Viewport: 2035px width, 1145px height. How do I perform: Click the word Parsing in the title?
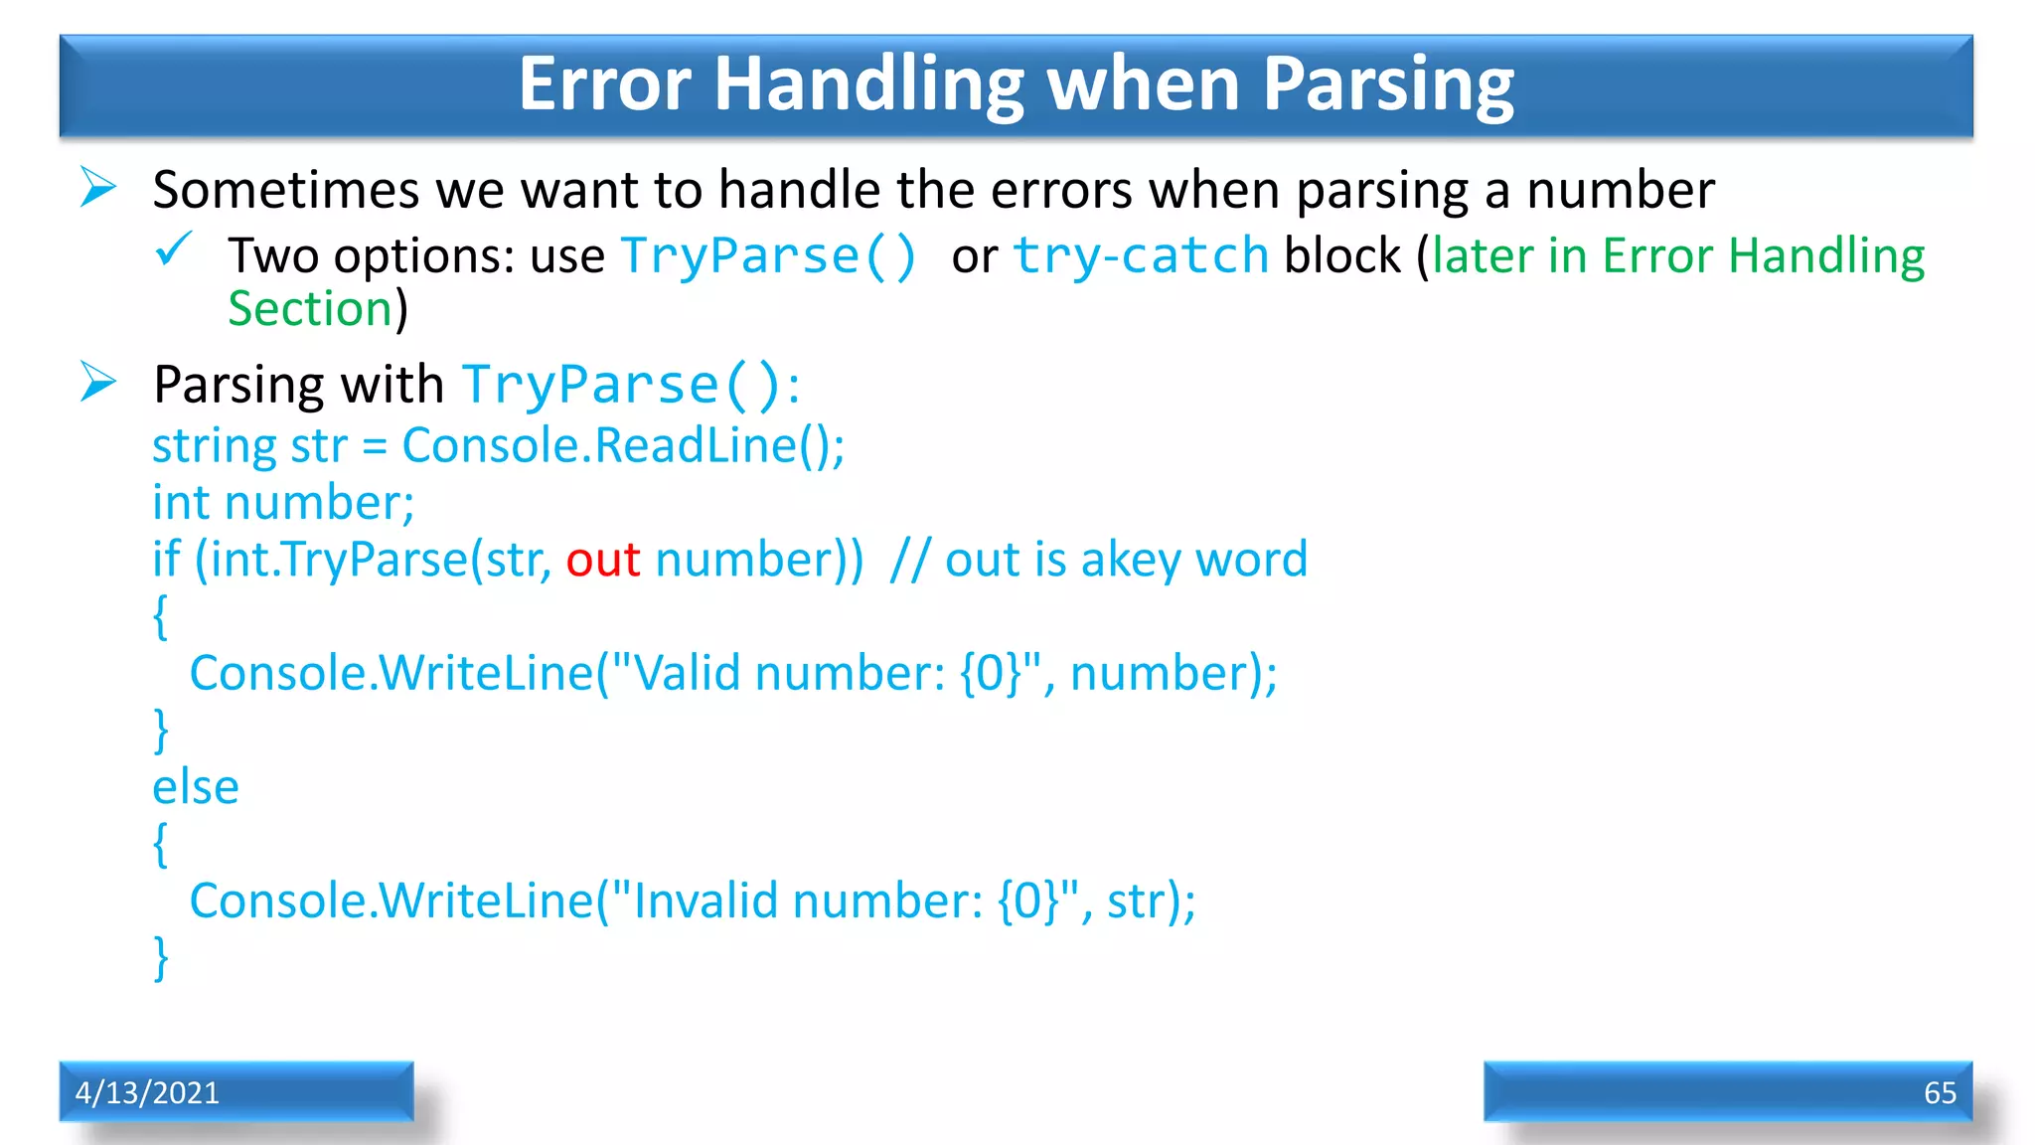(1388, 85)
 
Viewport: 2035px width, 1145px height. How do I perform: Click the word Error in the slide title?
(604, 85)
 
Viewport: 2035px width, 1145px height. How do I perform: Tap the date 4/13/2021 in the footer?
(147, 1092)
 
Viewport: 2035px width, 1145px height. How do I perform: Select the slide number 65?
(1939, 1092)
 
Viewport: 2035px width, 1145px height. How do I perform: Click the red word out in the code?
(602, 560)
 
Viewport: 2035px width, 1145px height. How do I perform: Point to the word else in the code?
(196, 787)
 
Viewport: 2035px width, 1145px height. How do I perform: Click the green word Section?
(310, 309)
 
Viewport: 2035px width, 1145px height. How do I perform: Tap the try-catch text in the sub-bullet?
(1140, 256)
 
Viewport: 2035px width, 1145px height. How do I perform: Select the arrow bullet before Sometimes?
(98, 187)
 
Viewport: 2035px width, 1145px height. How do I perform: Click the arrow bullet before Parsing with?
(98, 382)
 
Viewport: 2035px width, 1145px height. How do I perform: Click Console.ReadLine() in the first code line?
(622, 445)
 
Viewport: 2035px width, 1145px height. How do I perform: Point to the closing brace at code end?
(161, 958)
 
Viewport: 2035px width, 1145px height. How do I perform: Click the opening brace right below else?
(161, 844)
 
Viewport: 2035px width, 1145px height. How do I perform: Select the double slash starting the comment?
(909, 560)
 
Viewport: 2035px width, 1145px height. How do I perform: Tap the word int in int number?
(181, 503)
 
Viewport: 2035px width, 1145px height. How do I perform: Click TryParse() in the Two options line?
(768, 256)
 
